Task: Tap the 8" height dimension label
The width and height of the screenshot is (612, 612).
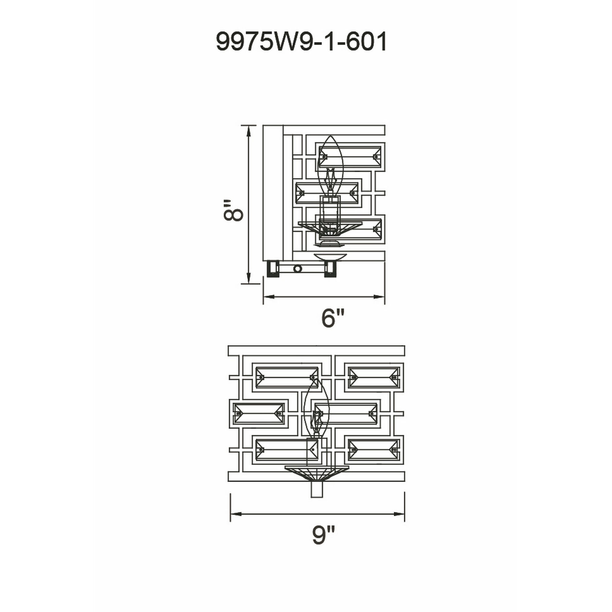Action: point(233,210)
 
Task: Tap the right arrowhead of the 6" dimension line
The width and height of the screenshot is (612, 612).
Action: point(379,297)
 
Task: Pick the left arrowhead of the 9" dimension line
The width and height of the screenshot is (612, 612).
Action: point(236,504)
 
